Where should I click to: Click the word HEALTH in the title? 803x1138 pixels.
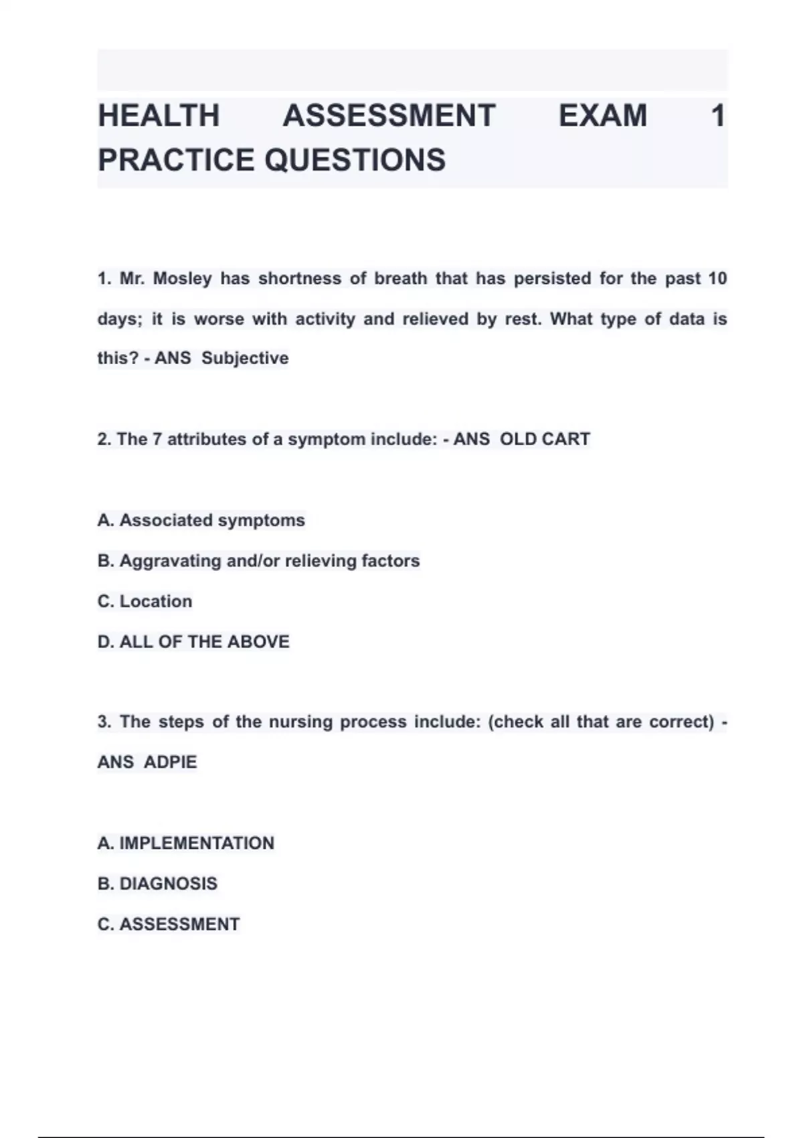tap(159, 116)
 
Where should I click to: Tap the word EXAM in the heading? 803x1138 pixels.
tap(602, 116)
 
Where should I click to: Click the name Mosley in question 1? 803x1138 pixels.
tap(182, 278)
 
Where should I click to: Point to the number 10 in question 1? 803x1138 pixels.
tap(717, 278)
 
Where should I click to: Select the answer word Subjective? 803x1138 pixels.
tap(245, 358)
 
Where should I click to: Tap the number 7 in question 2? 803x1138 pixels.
tap(157, 439)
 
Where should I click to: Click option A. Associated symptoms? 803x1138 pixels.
tap(201, 520)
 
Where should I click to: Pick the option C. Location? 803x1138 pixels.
tap(145, 601)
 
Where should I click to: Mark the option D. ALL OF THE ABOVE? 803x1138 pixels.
tap(193, 641)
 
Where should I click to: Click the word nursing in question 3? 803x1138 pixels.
tap(300, 722)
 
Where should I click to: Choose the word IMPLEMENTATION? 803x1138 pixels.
tap(197, 843)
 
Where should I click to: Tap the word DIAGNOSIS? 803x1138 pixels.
tap(168, 884)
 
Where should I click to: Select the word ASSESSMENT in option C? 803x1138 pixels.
tap(179, 924)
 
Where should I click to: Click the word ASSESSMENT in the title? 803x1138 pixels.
tap(389, 116)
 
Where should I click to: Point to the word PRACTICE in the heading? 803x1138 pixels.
tap(176, 160)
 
